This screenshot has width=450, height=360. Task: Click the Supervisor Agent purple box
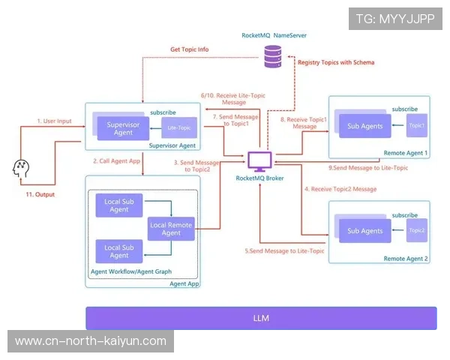pos(119,128)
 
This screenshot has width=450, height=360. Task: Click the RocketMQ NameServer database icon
pos(273,54)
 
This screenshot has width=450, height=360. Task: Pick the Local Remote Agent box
pos(170,229)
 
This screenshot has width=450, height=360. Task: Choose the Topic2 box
pos(416,230)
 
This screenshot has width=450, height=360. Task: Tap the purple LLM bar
pos(260,318)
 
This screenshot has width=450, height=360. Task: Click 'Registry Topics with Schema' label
pos(335,62)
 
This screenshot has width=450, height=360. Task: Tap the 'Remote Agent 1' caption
pos(405,153)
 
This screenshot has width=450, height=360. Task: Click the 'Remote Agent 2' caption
pos(405,259)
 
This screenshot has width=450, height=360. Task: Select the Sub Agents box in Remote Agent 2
pos(365,230)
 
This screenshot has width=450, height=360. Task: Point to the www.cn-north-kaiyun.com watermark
pos(90,341)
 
